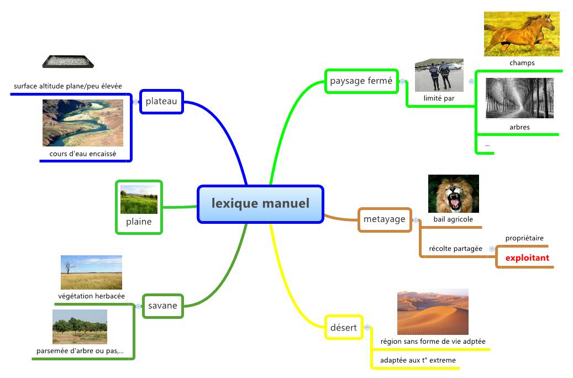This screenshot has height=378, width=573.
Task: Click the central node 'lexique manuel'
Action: point(261,204)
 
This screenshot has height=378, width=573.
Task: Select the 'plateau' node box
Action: point(161,101)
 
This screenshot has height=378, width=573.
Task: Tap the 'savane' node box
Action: point(162,306)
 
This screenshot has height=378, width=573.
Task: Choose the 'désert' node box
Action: point(344,327)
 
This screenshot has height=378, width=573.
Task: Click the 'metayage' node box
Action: point(385,219)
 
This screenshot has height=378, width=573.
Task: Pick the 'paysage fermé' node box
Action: point(361,81)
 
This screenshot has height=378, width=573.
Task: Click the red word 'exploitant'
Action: point(527,258)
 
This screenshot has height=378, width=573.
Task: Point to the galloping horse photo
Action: point(522,34)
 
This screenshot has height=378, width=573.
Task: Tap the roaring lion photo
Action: point(454,194)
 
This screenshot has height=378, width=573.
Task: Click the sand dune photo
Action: point(433,312)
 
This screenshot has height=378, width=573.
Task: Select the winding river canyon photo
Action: point(83,123)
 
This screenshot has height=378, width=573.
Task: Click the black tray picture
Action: point(68,61)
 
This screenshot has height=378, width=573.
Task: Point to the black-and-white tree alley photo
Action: point(519,98)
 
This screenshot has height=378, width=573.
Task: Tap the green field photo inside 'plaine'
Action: point(139,200)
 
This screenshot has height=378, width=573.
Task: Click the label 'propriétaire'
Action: point(524,238)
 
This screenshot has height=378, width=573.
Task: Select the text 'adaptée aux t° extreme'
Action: point(418,360)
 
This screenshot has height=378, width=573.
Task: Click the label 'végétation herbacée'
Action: point(91,296)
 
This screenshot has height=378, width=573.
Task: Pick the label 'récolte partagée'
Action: point(456,249)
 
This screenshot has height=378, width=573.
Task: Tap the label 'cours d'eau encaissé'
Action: point(83,154)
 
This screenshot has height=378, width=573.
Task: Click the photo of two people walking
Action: point(439,75)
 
